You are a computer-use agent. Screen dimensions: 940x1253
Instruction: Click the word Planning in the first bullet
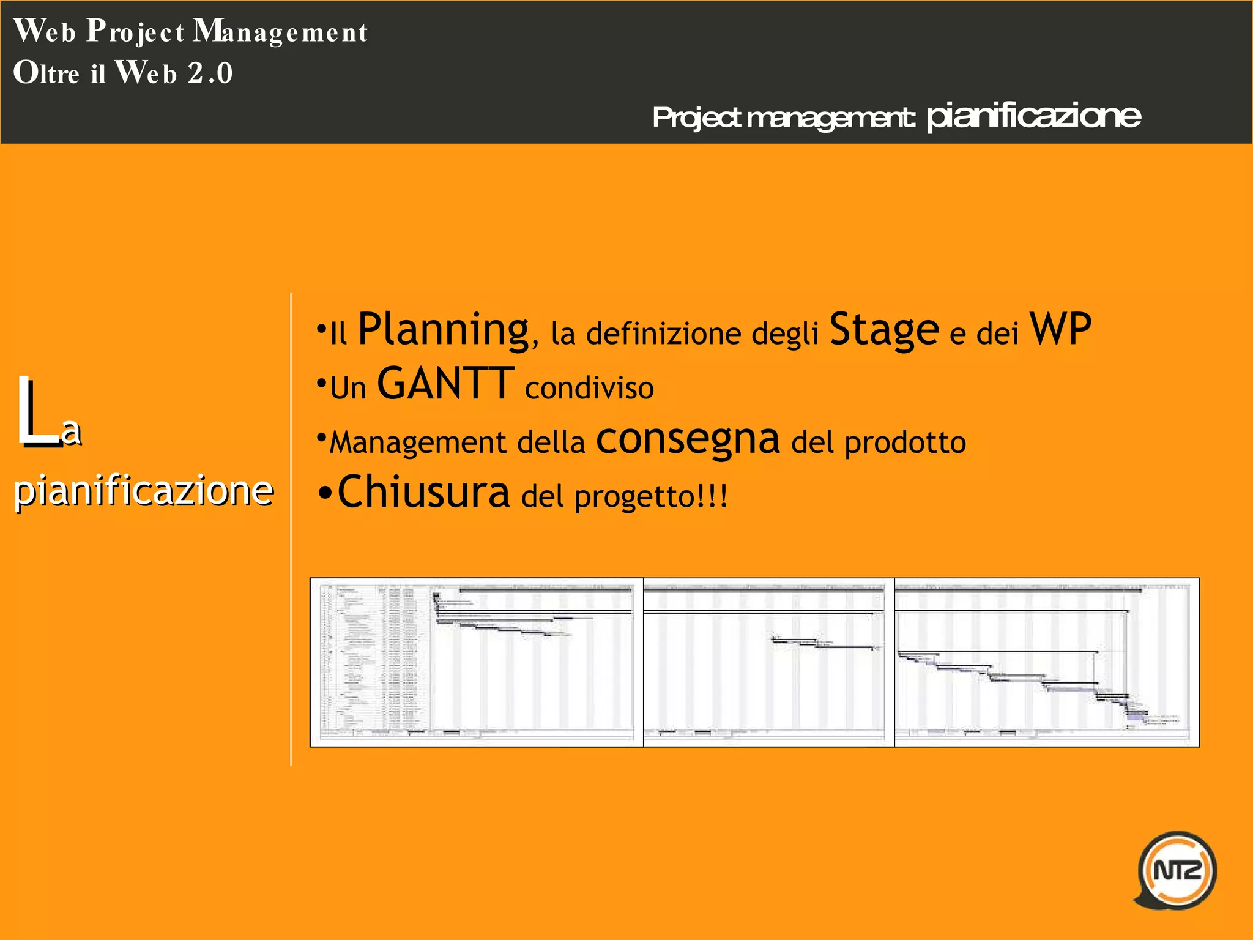[x=443, y=330]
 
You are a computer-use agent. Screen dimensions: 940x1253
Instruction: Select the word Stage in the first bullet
[x=883, y=330]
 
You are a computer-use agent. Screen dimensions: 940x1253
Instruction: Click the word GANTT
[x=445, y=384]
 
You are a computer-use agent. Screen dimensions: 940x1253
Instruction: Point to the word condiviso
[x=589, y=389]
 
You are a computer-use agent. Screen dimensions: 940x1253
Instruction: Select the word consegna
[x=688, y=440]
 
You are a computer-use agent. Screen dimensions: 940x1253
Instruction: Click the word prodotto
[x=905, y=442]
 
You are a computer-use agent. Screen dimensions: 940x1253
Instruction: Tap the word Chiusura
[x=423, y=492]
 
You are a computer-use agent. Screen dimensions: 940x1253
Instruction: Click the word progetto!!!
[x=651, y=496]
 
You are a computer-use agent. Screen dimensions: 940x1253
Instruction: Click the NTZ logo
[x=1177, y=870]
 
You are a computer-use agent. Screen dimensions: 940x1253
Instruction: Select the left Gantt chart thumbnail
[x=477, y=662]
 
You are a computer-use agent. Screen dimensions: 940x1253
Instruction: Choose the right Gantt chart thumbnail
[x=1046, y=662]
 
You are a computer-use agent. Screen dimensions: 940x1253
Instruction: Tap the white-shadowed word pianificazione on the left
[x=143, y=491]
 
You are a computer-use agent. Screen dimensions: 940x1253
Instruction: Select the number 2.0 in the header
[x=210, y=73]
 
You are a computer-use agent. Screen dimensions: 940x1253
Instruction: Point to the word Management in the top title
[x=281, y=32]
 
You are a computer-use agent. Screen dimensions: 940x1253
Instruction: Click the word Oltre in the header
[x=46, y=73]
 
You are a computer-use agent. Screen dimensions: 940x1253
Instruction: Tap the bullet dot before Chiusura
[x=325, y=493]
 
